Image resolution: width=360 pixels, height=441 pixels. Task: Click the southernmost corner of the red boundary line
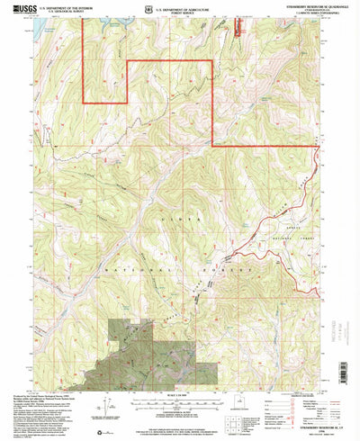point(213,145)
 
